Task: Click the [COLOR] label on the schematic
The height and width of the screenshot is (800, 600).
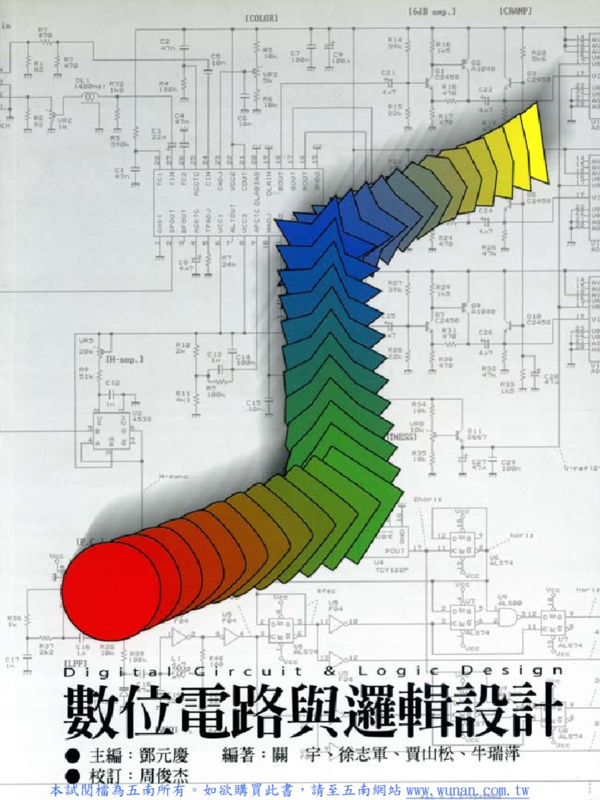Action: [x=261, y=18]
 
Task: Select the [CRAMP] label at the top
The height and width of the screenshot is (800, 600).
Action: [x=516, y=12]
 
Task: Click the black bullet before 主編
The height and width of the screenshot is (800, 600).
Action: [x=73, y=755]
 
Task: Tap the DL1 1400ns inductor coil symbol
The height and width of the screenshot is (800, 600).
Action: [x=91, y=98]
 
